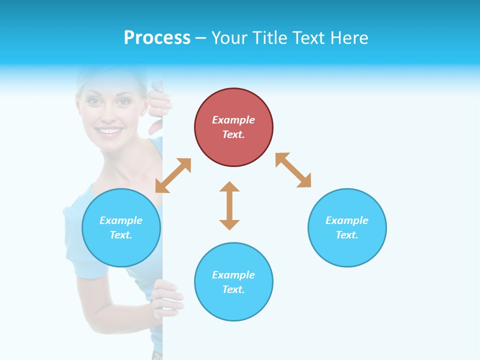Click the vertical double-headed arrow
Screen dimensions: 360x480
229,205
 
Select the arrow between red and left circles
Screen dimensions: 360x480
173,175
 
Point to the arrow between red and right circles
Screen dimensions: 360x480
293,170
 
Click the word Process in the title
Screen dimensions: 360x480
157,37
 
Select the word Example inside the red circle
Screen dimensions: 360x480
233,120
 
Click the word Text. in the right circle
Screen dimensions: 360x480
347,235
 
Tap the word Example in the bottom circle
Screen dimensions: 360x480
233,275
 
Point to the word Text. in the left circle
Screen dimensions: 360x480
121,235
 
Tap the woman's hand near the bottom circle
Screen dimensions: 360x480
167,298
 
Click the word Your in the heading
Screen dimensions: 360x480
229,37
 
